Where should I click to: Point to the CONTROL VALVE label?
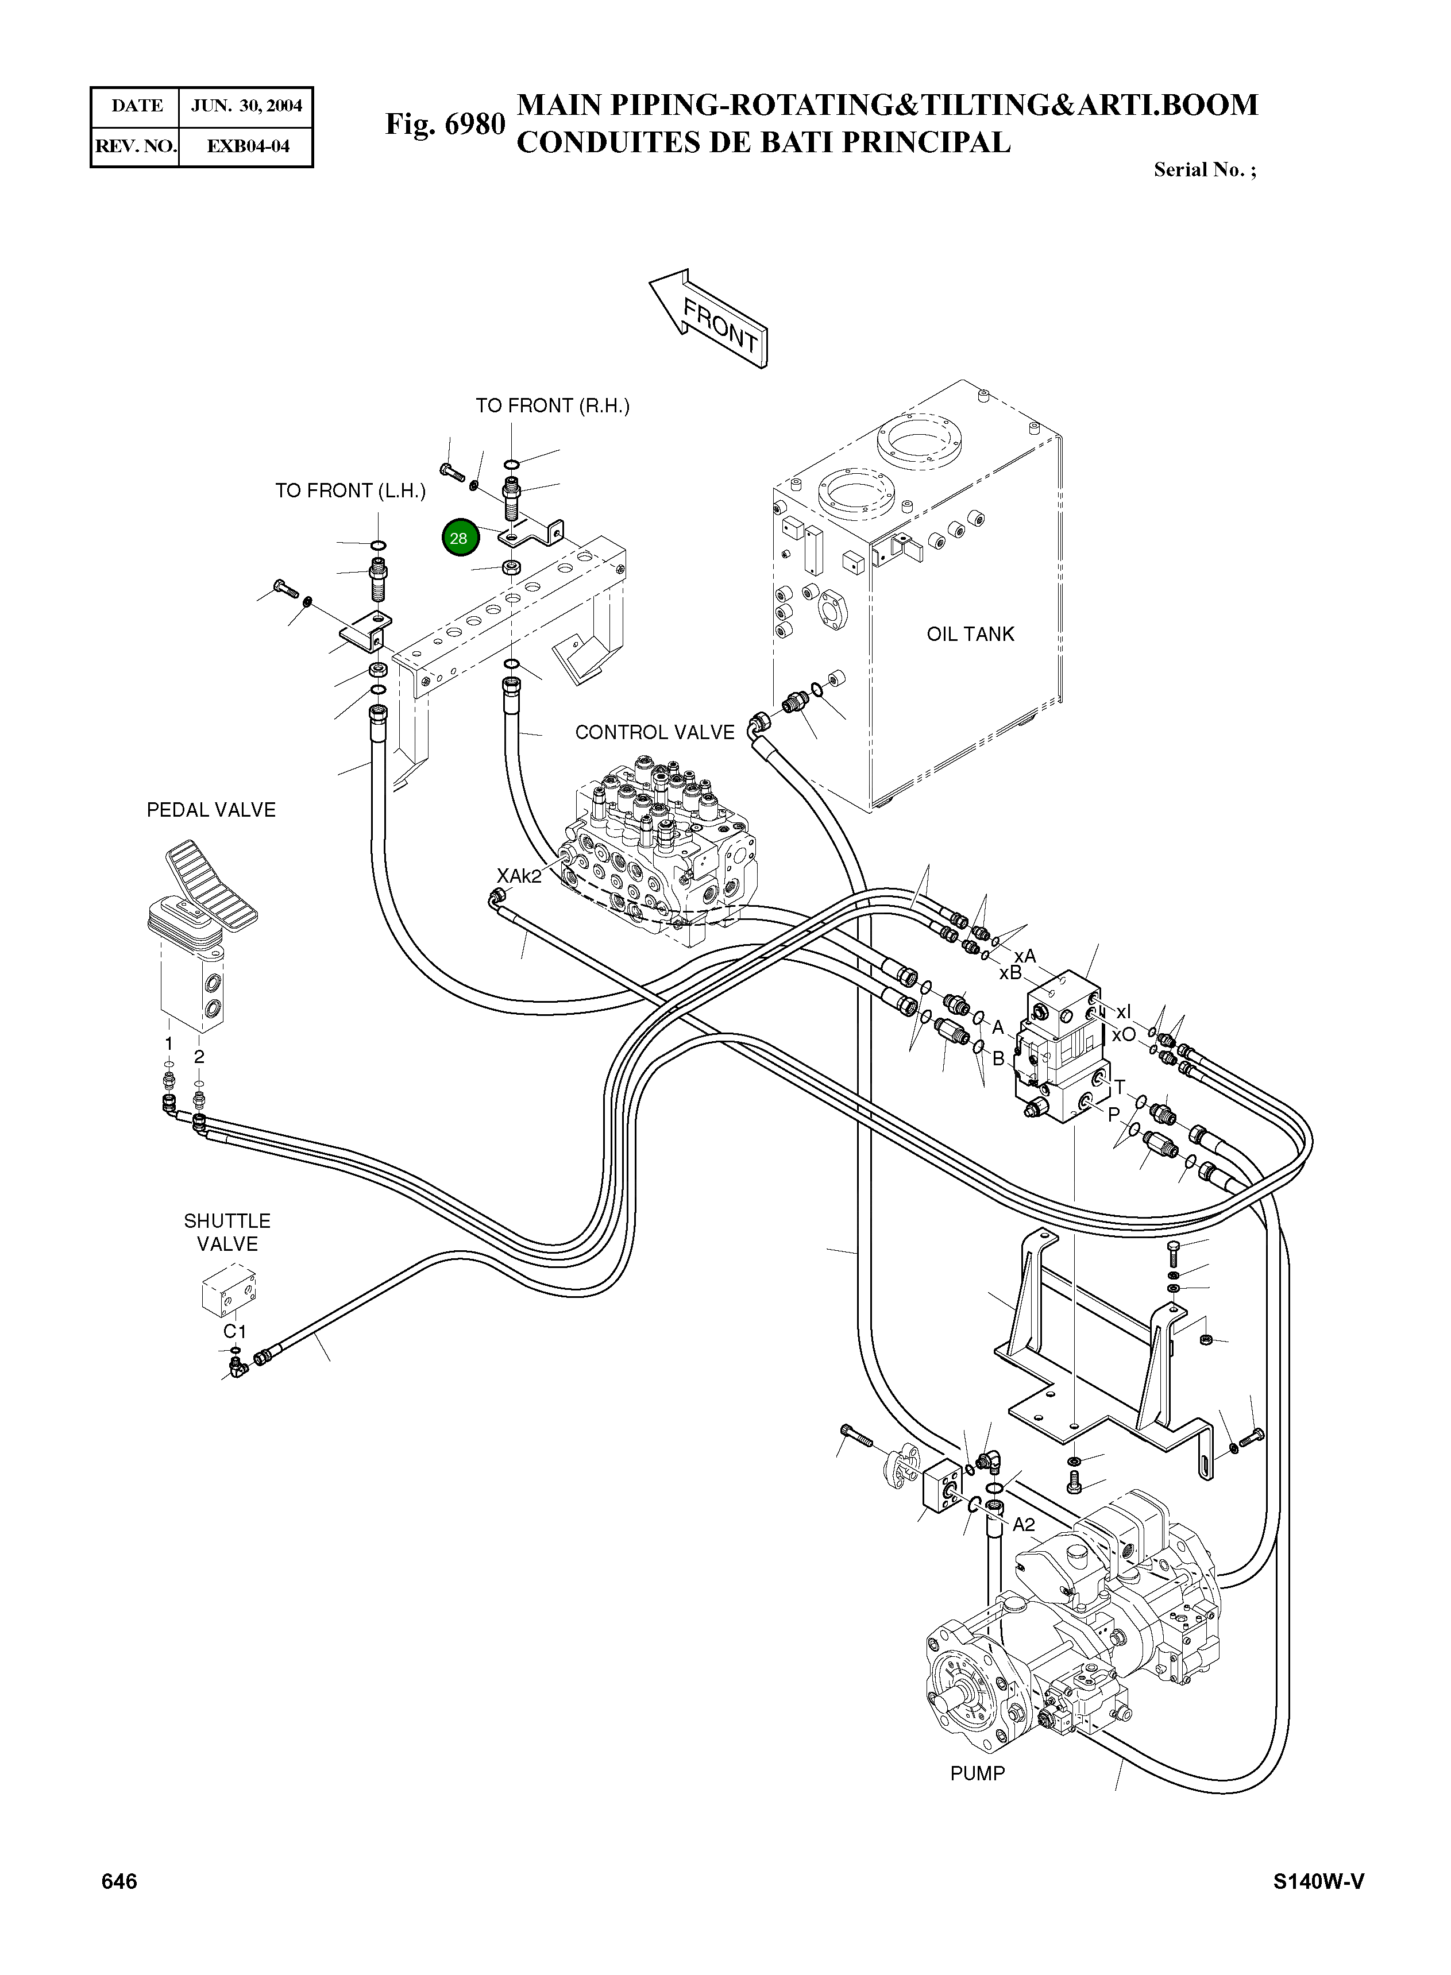(654, 732)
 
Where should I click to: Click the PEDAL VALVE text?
(211, 810)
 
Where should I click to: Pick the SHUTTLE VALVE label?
(226, 1232)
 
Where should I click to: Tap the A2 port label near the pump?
(1023, 1525)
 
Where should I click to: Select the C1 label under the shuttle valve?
(234, 1331)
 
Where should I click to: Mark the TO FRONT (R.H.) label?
(553, 405)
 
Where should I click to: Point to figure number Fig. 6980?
(445, 125)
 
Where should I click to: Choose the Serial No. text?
(1204, 169)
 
